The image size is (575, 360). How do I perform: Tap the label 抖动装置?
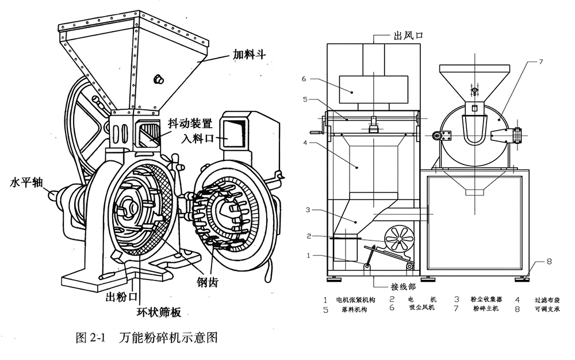(191, 123)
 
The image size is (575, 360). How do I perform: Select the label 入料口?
(197, 139)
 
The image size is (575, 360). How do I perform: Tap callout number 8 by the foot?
(549, 262)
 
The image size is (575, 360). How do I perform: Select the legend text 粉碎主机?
(486, 309)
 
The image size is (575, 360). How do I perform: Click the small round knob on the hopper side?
(158, 78)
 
